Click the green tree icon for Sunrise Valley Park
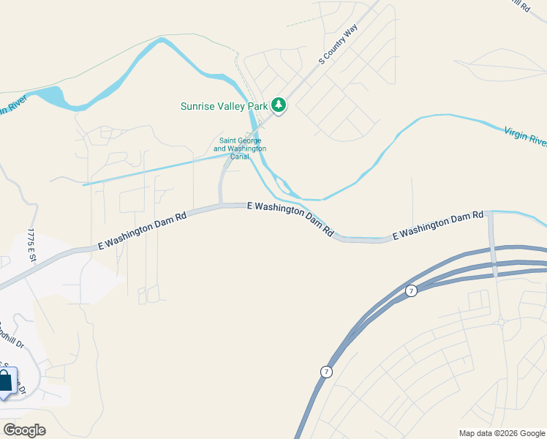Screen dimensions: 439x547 click(279, 106)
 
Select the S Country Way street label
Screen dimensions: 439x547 click(338, 45)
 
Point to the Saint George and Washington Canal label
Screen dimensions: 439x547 click(240, 149)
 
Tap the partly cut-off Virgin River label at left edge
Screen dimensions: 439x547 click(12, 105)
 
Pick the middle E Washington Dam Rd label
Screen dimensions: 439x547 click(290, 219)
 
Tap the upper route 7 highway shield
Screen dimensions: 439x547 click(412, 290)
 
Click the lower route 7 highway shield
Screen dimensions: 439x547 click(325, 372)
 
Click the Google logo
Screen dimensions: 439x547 click(24, 430)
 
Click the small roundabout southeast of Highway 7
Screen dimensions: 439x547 click(500, 321)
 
